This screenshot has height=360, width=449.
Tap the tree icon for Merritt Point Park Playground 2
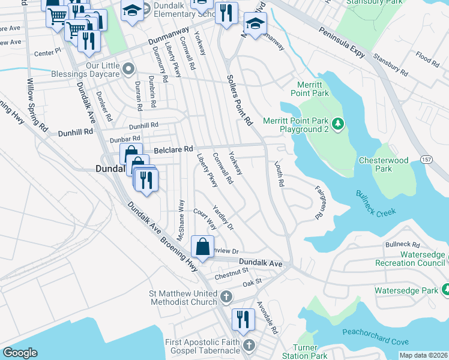click(x=339, y=124)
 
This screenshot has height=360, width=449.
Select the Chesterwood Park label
click(x=383, y=165)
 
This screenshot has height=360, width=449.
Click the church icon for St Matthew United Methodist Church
click(x=226, y=296)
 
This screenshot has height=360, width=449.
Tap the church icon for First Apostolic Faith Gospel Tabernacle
click(x=249, y=346)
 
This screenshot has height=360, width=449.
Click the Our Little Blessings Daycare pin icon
click(x=127, y=70)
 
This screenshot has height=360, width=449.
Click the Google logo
click(x=20, y=353)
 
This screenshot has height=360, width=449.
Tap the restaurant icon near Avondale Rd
click(x=243, y=318)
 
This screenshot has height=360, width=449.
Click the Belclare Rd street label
click(x=173, y=149)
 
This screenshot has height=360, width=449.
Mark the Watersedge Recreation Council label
click(x=410, y=259)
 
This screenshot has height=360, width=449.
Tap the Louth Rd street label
click(x=279, y=173)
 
